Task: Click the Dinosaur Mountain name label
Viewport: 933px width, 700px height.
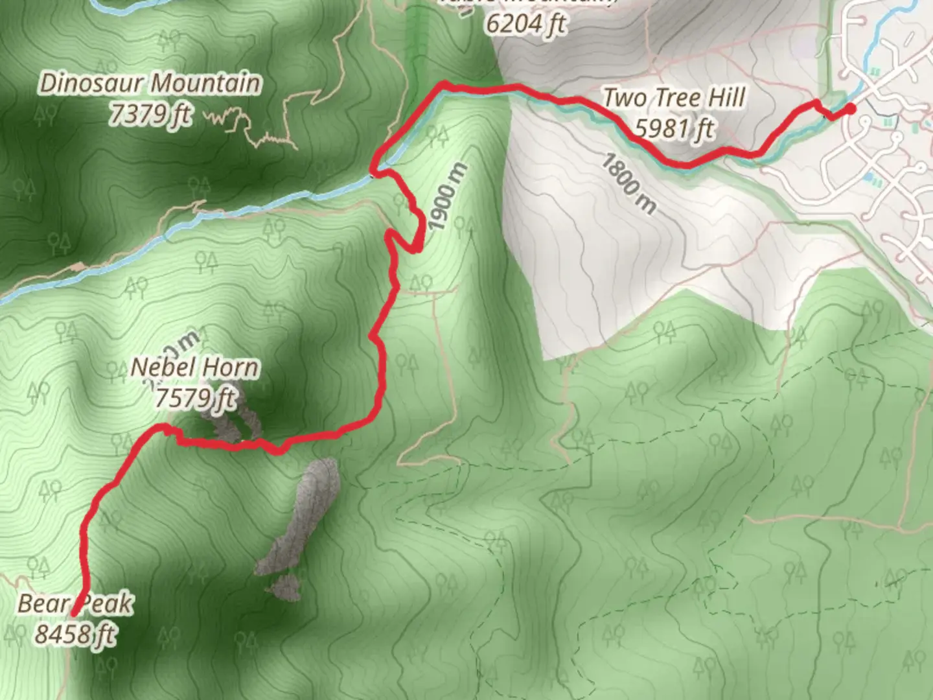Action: click(x=150, y=84)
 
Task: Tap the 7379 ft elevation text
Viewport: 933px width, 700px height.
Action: click(x=150, y=114)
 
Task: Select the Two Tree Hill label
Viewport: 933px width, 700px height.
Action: click(x=674, y=99)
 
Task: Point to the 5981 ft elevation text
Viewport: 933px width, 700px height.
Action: click(x=674, y=128)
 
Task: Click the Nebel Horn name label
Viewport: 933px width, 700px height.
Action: click(x=195, y=368)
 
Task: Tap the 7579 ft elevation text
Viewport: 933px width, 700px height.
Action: click(x=195, y=398)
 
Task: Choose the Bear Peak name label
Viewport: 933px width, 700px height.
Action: click(x=75, y=604)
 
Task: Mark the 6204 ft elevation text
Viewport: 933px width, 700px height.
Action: click(x=525, y=25)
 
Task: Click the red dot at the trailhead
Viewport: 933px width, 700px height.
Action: click(x=849, y=109)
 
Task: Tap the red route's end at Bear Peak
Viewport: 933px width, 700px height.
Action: click(x=75, y=613)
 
